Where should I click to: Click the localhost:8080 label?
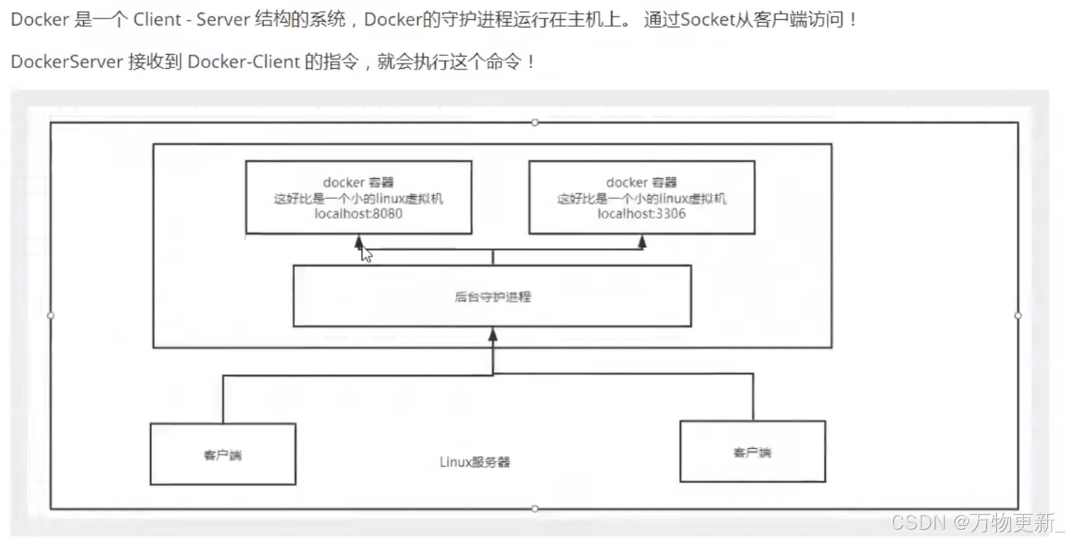tap(358, 213)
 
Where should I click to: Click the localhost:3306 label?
tap(641, 213)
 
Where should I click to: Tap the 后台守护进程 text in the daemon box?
tap(492, 296)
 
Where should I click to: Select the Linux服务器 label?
tap(474, 462)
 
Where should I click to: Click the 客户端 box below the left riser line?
tap(223, 454)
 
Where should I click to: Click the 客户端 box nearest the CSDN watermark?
tap(752, 452)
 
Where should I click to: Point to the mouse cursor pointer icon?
tap(365, 254)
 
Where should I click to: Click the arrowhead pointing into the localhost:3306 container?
tap(642, 242)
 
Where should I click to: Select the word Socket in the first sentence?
tap(706, 19)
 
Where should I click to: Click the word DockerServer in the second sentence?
tap(67, 62)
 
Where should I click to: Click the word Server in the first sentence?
tap(221, 19)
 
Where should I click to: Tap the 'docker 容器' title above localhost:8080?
tap(358, 183)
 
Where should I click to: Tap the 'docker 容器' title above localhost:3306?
tap(641, 183)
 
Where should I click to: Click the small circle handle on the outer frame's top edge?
tap(535, 122)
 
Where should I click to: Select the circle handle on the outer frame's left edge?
tap(50, 315)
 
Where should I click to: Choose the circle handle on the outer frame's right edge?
tap(1018, 315)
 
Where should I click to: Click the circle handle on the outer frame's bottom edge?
tap(535, 508)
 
